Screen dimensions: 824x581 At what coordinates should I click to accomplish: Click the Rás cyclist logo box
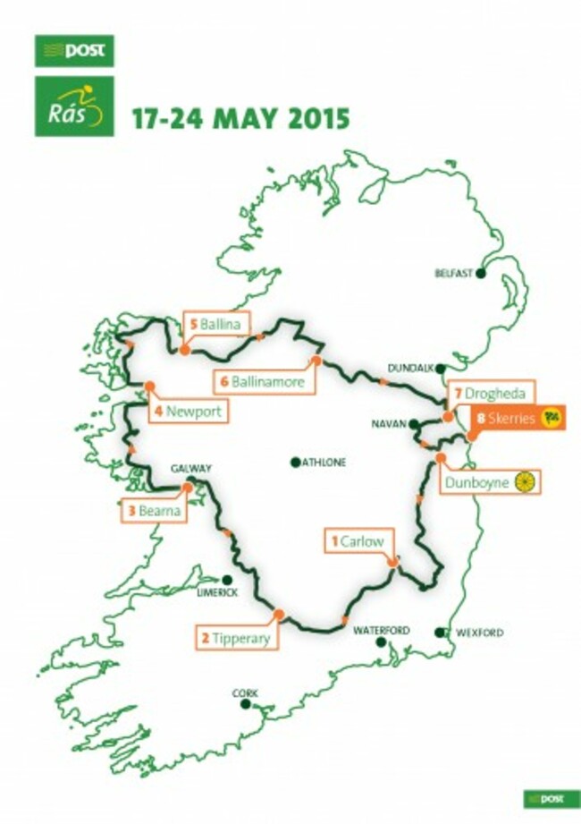75,106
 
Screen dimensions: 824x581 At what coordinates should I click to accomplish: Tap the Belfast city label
452,274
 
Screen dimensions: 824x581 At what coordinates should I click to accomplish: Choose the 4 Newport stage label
188,412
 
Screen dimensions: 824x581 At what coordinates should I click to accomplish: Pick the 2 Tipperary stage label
238,638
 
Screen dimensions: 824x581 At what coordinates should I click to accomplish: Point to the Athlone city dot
294,463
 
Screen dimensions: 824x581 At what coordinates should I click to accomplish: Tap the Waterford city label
382,631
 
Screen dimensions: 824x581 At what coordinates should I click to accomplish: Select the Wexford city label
480,633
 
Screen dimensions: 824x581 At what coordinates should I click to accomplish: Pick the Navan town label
391,423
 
